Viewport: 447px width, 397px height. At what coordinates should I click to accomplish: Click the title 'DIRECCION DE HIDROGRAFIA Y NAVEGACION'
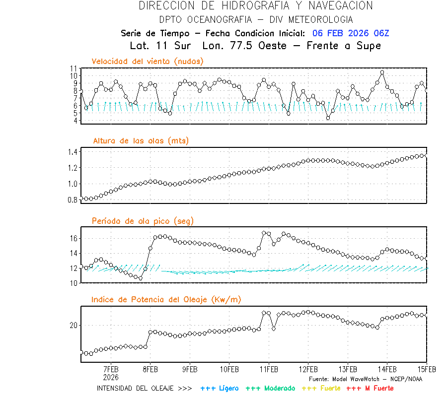point(255,6)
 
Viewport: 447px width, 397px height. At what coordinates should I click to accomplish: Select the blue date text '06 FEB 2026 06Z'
point(351,33)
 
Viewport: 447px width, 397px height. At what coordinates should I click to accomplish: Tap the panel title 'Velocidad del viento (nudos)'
point(148,61)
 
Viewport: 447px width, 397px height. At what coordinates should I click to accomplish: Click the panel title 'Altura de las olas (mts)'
point(141,141)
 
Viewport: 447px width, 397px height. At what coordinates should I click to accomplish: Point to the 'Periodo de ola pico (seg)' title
point(143,221)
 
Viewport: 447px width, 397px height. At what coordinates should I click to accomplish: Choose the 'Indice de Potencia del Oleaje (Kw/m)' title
point(166,299)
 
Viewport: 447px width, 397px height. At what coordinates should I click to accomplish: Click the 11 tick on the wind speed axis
point(74,68)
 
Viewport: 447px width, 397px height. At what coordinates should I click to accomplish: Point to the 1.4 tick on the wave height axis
point(73,152)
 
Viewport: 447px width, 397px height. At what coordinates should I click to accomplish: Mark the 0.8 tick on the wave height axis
point(73,199)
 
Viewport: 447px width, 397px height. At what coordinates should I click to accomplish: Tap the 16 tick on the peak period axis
point(74,238)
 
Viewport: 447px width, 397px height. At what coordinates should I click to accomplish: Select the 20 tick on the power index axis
point(74,325)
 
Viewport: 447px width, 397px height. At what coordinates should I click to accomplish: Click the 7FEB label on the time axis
point(111,369)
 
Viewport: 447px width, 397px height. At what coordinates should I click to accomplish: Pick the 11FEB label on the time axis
point(269,369)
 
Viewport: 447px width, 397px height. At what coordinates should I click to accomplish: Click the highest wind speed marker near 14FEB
point(382,72)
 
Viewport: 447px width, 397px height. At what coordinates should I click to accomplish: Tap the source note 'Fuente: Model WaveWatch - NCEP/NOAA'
point(366,379)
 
